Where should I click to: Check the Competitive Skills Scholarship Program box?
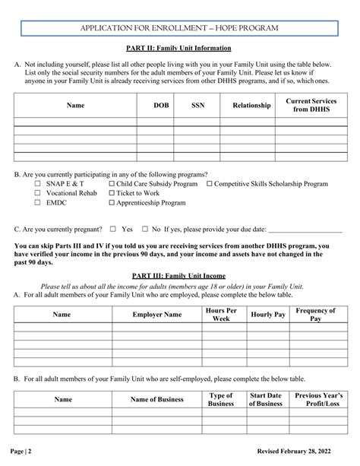pyautogui.click(x=209, y=184)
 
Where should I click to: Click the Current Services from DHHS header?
pyautogui.click(x=316, y=106)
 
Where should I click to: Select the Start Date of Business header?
pyautogui.click(x=265, y=400)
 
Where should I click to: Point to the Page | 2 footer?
pyautogui.click(x=22, y=452)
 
